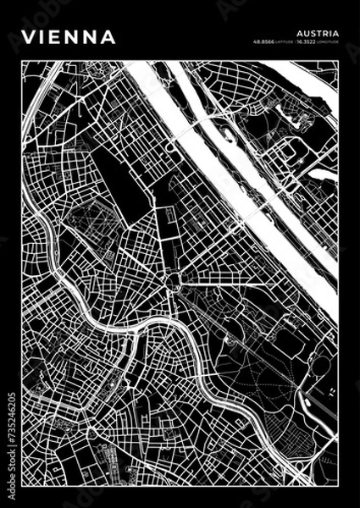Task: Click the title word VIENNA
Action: (x=69, y=37)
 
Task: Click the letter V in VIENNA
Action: (x=28, y=37)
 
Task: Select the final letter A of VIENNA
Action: (x=110, y=37)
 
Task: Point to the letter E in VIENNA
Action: (x=55, y=37)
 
